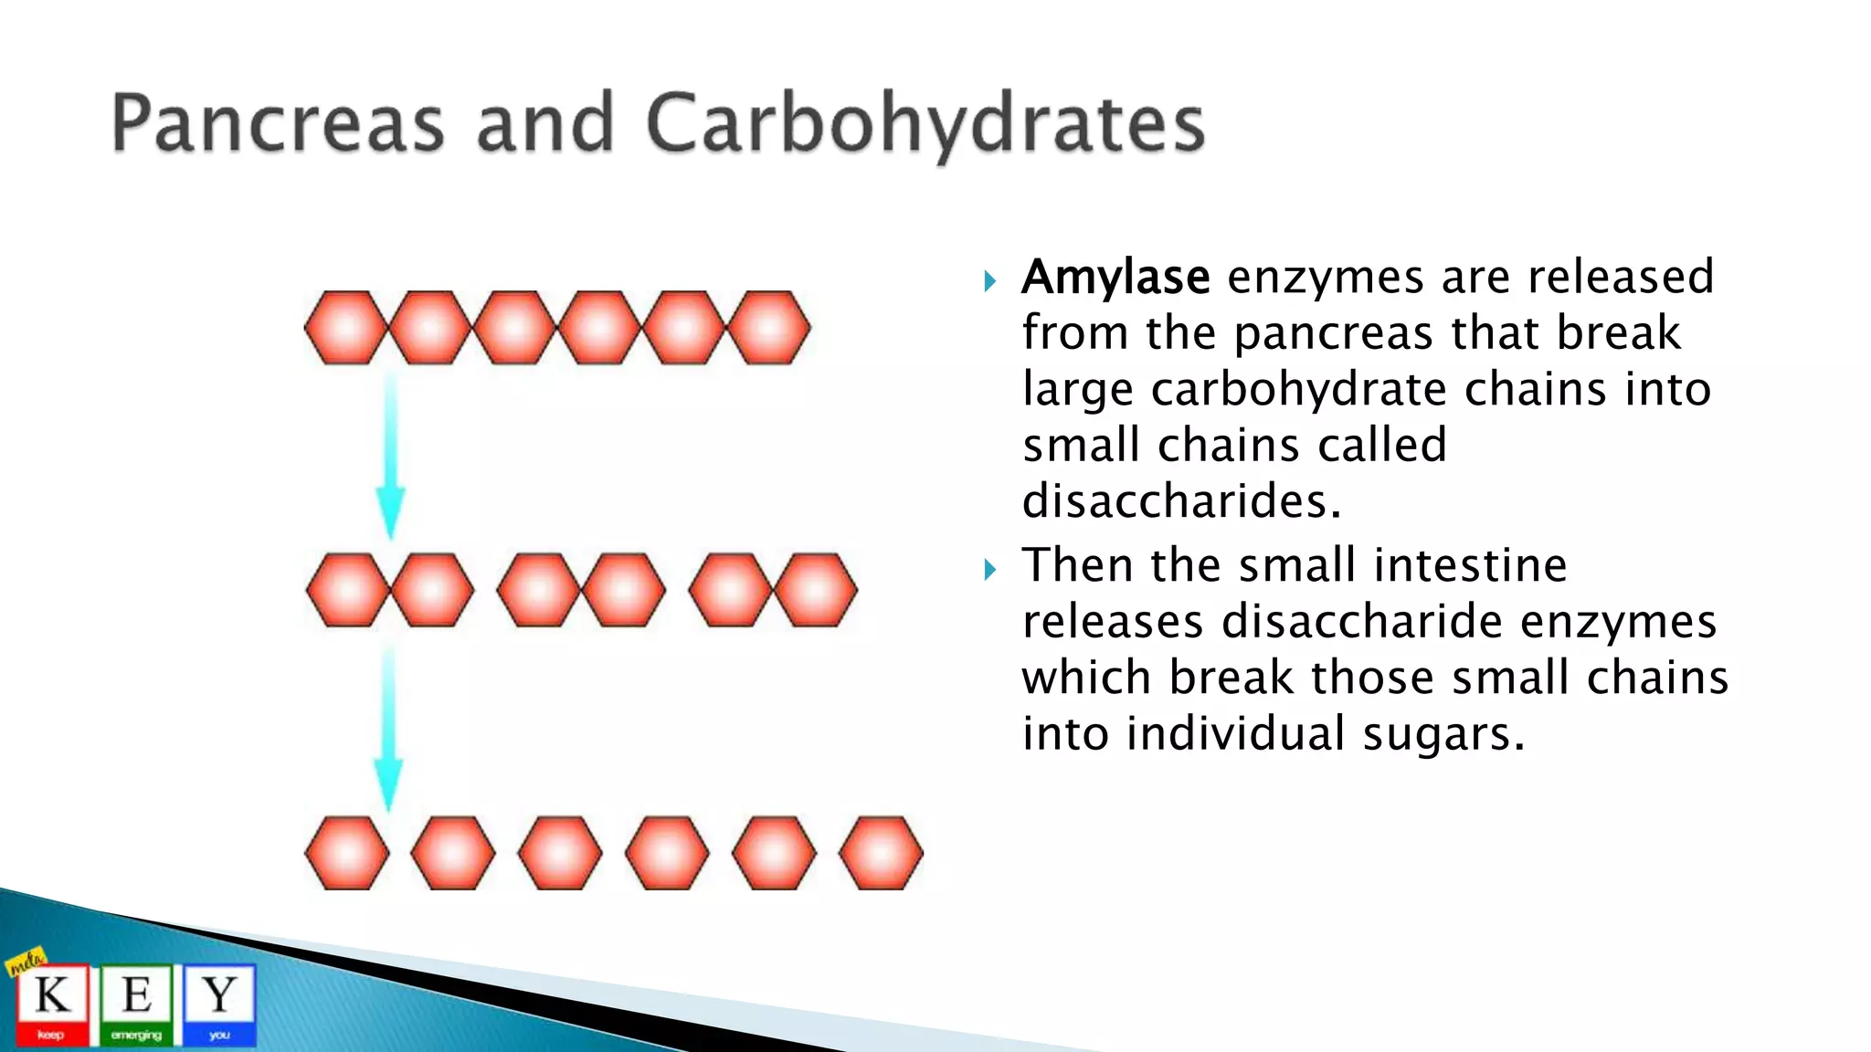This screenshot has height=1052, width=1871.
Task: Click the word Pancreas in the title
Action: pos(278,124)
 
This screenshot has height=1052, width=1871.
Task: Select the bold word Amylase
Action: pos(1115,277)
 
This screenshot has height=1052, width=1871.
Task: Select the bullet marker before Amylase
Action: pos(989,280)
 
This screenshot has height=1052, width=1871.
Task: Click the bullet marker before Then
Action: pos(989,570)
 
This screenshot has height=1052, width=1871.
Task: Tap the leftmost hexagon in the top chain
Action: pos(345,328)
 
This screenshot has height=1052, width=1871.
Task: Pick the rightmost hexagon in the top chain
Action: pos(769,328)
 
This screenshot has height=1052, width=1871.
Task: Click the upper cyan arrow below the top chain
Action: pos(391,457)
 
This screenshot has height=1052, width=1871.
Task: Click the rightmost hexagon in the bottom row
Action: pos(881,853)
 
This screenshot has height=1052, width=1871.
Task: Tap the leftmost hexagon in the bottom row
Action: pos(346,853)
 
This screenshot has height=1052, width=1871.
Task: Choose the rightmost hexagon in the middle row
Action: pos(815,590)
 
